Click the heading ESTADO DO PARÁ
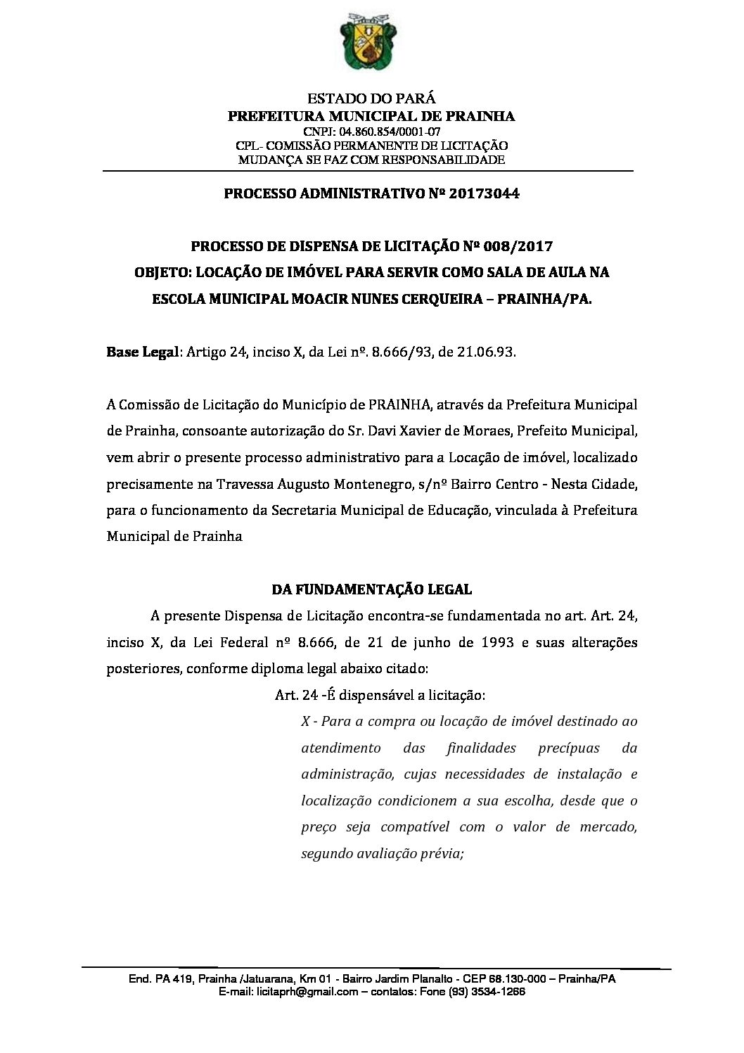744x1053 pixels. [372, 100]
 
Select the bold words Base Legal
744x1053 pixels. [141, 352]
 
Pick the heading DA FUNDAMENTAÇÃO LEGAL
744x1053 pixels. [372, 589]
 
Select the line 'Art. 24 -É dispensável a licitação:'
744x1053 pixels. [380, 695]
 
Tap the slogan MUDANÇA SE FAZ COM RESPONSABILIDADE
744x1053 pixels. [372, 160]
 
